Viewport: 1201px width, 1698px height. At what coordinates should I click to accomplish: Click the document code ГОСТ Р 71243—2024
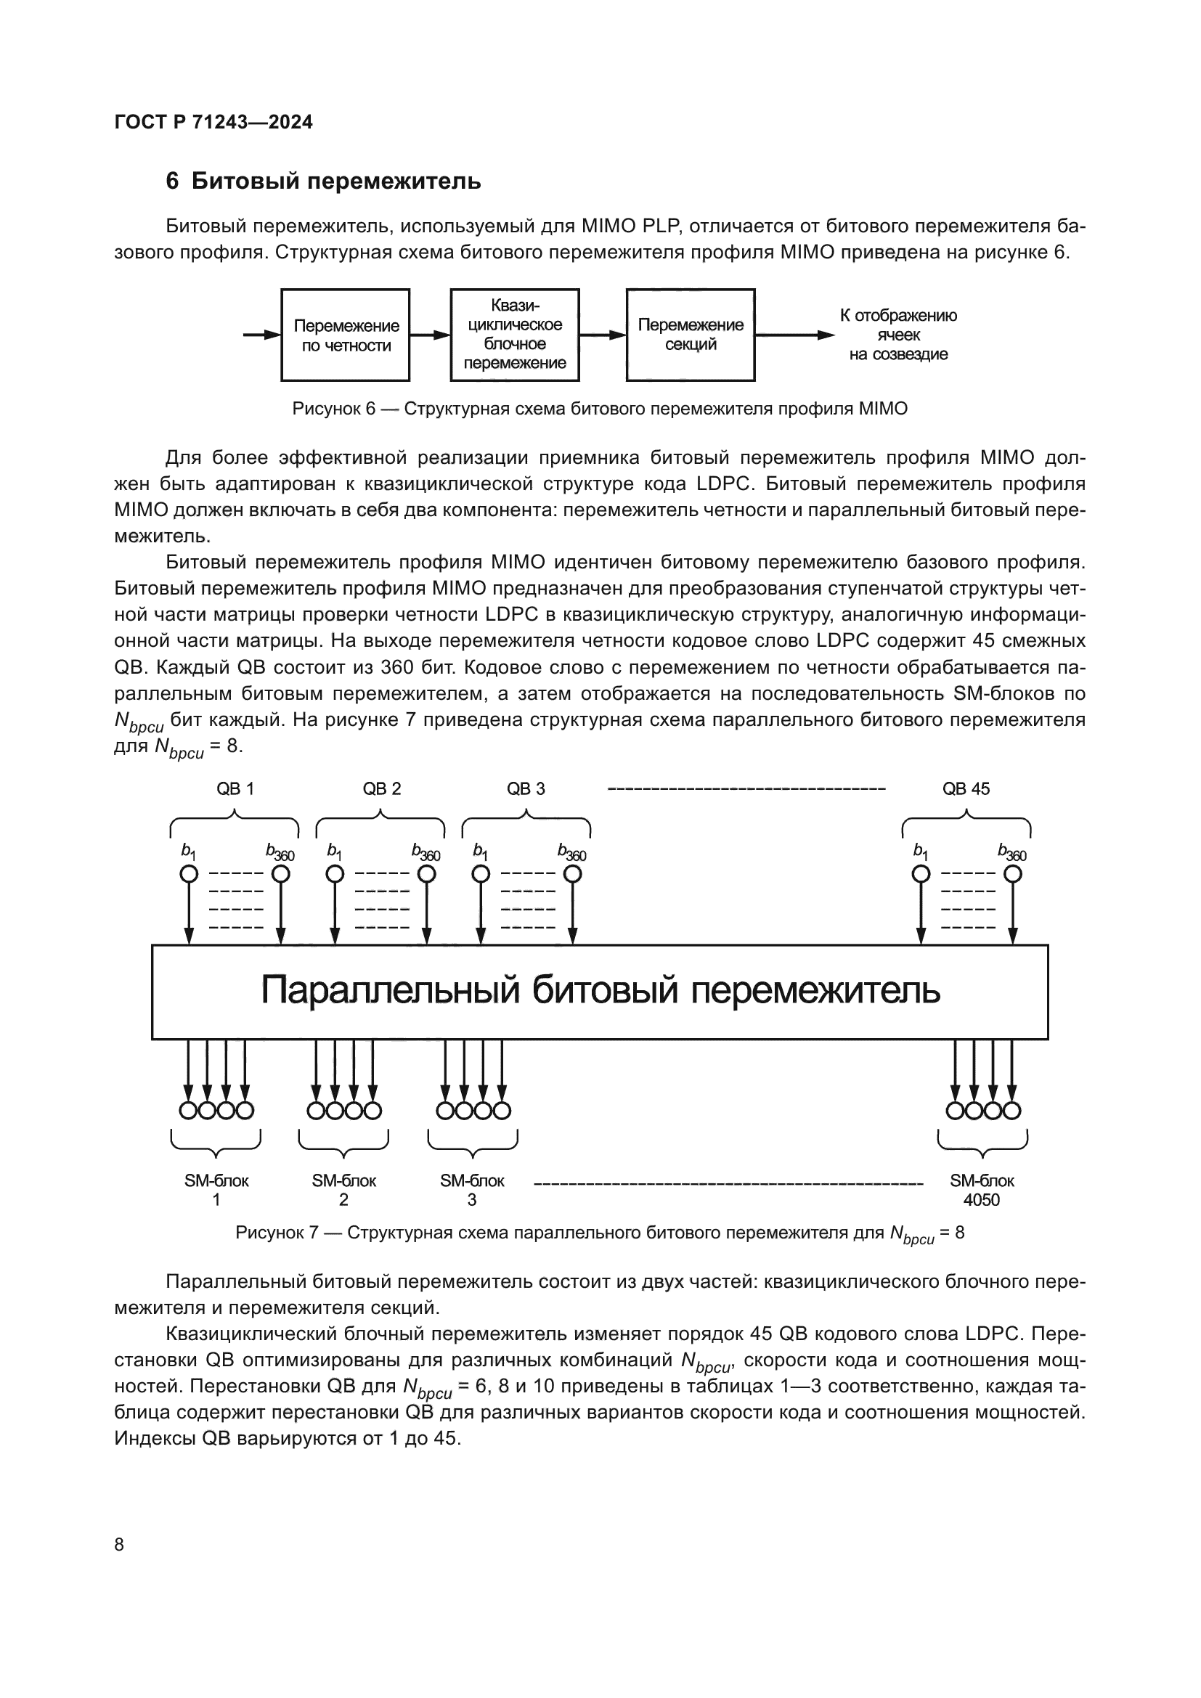[x=213, y=122]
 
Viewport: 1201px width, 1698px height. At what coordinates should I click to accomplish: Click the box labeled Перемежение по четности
[x=346, y=335]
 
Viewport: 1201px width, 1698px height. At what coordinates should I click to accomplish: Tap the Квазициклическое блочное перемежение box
[x=515, y=335]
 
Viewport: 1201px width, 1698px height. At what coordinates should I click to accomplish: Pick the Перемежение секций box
[x=690, y=335]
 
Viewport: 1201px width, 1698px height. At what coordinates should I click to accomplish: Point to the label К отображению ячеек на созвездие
[x=897, y=335]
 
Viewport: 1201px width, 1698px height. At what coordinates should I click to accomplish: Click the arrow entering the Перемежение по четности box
[x=261, y=335]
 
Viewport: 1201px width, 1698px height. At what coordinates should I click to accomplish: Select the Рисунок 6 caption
[x=600, y=409]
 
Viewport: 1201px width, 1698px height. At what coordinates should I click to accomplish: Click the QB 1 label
[x=235, y=789]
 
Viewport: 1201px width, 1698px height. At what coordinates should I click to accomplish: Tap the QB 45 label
[x=966, y=789]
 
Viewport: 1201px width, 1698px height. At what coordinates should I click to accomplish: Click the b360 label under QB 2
[x=426, y=853]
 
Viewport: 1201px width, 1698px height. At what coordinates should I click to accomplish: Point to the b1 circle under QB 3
[x=481, y=874]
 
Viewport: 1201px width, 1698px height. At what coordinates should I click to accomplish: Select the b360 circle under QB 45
[x=1012, y=874]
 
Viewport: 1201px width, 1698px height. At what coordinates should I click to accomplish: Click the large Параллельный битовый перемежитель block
[x=600, y=992]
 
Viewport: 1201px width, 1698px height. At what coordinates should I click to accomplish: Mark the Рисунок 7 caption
[x=600, y=1233]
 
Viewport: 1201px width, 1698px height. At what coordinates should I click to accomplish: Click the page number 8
[x=120, y=1544]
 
